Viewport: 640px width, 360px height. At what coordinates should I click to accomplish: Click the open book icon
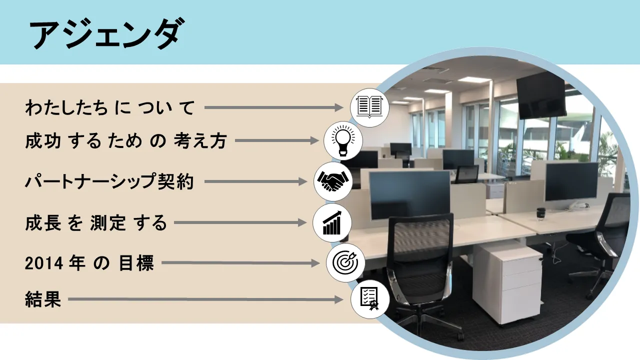point(369,107)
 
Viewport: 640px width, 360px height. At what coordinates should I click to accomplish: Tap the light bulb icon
point(343,140)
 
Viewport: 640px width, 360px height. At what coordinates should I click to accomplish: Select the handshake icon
point(333,181)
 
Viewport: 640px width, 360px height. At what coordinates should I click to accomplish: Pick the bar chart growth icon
point(332,223)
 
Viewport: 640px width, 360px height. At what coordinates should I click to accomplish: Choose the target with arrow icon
point(345,262)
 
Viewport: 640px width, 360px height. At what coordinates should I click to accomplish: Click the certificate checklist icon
point(369,299)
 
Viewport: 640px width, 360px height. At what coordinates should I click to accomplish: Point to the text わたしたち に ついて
point(109,107)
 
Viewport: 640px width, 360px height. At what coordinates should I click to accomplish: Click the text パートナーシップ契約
point(109,182)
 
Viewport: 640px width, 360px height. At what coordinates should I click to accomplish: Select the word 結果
point(43,300)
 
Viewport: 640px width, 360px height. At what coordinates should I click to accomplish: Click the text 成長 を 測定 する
point(95,223)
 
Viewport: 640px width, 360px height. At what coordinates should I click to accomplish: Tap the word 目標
point(136,263)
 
